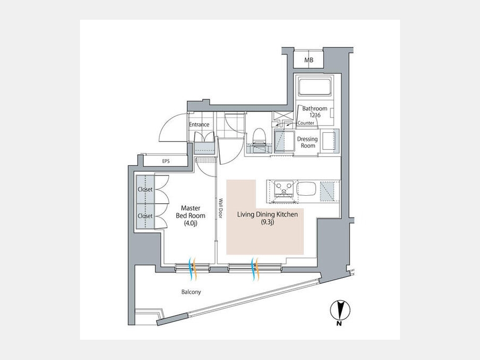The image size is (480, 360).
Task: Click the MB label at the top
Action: click(309, 60)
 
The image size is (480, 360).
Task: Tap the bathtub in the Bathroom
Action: click(315, 87)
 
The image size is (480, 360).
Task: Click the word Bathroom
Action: click(315, 109)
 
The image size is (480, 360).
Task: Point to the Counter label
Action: click(306, 123)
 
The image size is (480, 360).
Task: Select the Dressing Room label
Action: click(308, 142)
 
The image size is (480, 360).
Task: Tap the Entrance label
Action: click(199, 125)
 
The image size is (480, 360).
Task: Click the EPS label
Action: click(166, 161)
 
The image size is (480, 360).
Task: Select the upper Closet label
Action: click(145, 189)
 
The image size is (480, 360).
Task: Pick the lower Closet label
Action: click(145, 216)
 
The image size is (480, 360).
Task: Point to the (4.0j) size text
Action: click(190, 223)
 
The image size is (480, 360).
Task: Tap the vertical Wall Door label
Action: click(220, 209)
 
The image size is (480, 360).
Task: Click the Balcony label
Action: click(191, 292)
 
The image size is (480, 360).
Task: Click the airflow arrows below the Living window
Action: click(254, 268)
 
